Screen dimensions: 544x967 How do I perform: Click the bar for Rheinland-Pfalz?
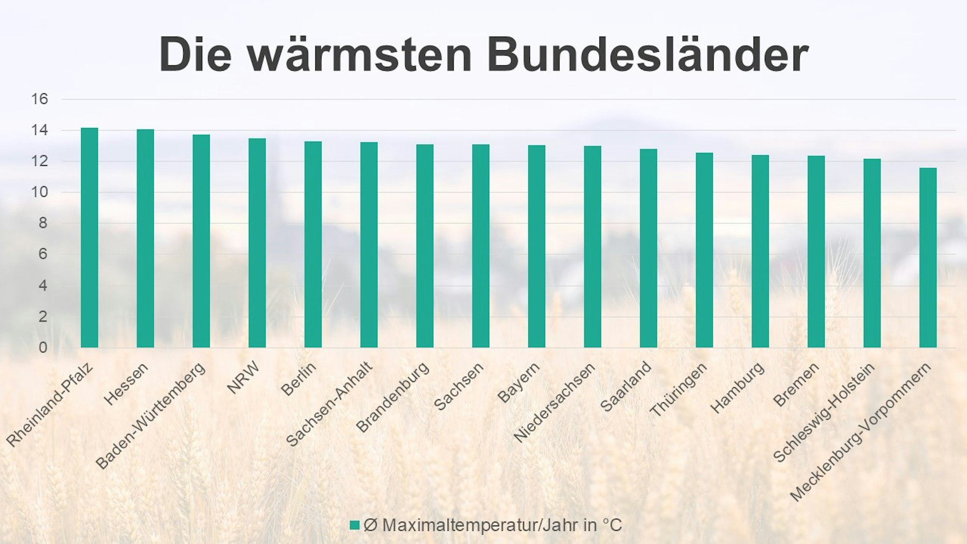[x=89, y=238]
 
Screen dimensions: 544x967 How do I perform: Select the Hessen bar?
[x=145, y=238]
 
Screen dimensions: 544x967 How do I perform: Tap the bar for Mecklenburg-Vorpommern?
[x=928, y=258]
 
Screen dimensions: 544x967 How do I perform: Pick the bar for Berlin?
[x=313, y=245]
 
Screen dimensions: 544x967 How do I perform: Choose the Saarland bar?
[x=648, y=248]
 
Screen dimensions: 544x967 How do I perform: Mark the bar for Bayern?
[x=537, y=247]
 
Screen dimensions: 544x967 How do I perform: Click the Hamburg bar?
[x=760, y=251]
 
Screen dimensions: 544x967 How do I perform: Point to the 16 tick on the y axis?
[x=40, y=99]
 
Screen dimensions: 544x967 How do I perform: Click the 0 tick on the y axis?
[x=43, y=348]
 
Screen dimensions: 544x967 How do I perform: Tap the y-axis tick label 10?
[x=40, y=192]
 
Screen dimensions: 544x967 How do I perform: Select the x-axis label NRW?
[x=244, y=378]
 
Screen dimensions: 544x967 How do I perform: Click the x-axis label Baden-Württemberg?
[x=151, y=416]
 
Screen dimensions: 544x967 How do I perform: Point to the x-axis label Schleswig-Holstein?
[x=824, y=412]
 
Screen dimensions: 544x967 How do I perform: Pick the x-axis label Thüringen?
[x=678, y=390]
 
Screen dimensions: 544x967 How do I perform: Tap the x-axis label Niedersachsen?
[x=554, y=403]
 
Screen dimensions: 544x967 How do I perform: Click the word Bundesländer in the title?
[x=647, y=54]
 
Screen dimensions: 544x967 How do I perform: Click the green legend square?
[x=354, y=525]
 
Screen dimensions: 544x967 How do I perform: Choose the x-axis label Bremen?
[x=796, y=384]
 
